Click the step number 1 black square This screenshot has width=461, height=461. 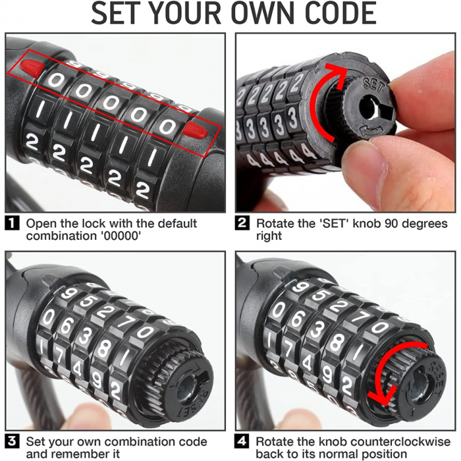[12, 223]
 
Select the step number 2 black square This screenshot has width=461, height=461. [242, 223]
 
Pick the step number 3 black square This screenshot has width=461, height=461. [12, 441]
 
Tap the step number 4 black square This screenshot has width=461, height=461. [242, 441]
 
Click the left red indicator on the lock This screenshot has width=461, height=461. [32, 67]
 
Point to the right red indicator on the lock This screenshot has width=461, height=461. [194, 130]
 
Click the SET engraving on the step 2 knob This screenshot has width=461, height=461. [374, 85]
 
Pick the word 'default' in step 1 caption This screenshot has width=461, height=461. [178, 224]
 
